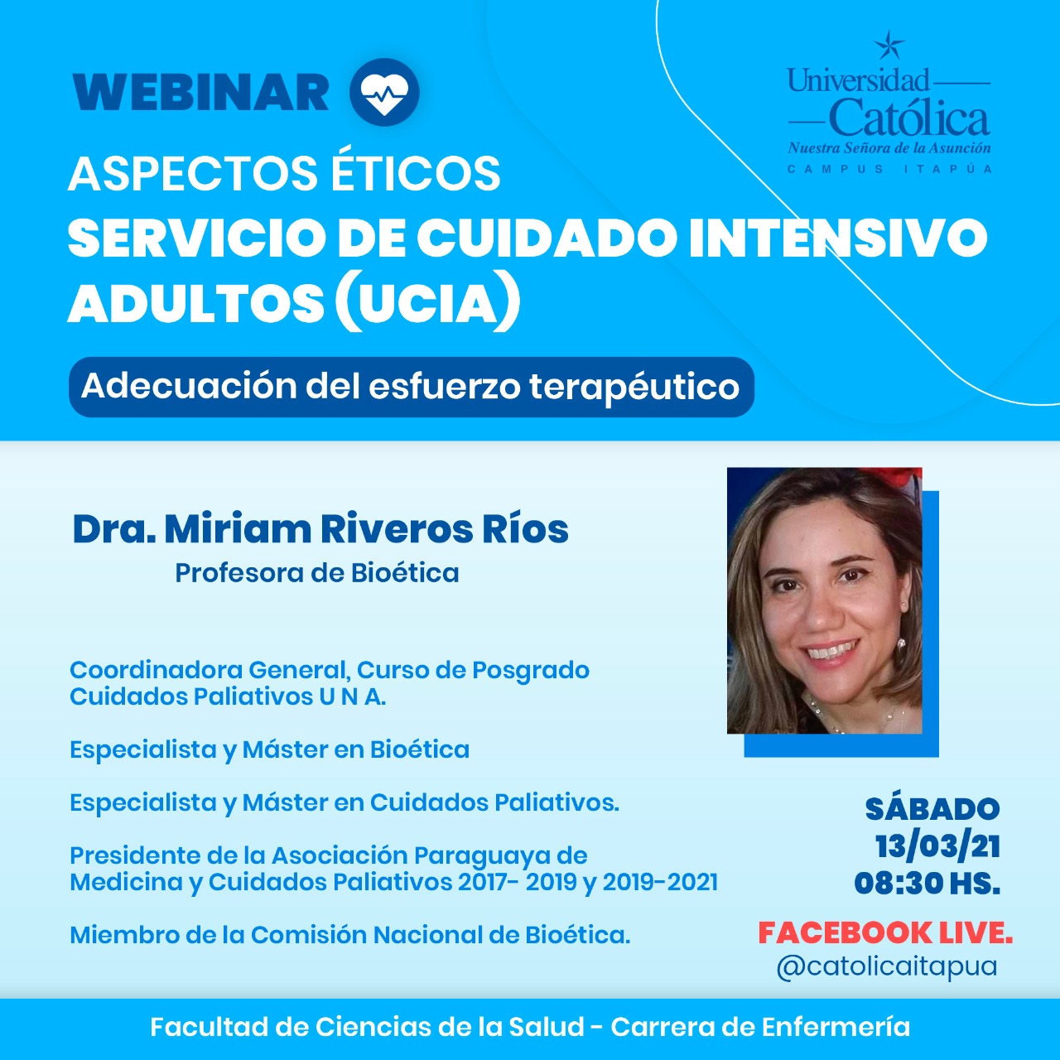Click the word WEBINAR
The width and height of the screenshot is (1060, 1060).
[200, 93]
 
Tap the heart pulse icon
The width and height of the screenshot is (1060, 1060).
[384, 92]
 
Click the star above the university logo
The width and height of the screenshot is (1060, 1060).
[889, 45]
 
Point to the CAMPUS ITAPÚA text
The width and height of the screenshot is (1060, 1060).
[889, 169]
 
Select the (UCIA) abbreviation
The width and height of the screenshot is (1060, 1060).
[427, 303]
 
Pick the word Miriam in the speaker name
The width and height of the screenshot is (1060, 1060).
[238, 529]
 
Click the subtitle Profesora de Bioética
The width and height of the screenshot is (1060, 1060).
[317, 573]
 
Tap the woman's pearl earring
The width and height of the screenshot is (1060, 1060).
[901, 643]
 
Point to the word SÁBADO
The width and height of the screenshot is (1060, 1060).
[932, 809]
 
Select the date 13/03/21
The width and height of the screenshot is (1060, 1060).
[938, 846]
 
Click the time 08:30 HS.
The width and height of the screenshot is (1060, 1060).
[927, 884]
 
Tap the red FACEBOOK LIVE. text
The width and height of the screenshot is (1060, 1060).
[885, 933]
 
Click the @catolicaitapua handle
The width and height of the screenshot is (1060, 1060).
[887, 966]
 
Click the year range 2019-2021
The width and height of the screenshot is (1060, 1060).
[660, 882]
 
